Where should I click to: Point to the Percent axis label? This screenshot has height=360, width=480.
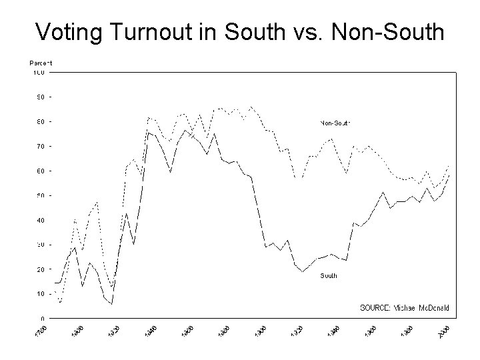(x=41, y=63)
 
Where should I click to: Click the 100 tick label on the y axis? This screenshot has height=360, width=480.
(x=39, y=72)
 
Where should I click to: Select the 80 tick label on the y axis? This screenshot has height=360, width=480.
(x=41, y=121)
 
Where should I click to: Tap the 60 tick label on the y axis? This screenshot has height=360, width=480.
(x=41, y=171)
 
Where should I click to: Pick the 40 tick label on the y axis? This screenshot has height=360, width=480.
(x=41, y=220)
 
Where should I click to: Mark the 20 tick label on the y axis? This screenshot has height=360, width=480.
(x=41, y=269)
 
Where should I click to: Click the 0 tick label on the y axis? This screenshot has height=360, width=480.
(x=43, y=318)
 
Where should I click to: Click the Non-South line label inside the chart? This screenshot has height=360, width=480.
(x=335, y=123)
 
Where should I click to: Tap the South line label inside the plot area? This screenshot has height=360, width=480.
(x=329, y=275)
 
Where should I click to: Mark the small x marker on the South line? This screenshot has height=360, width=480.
(x=191, y=135)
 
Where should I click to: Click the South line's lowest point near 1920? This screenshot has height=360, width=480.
(x=302, y=271)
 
